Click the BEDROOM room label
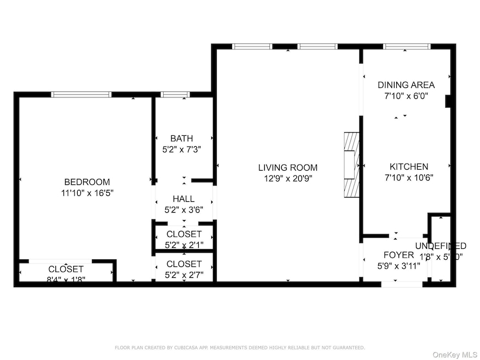(x=87, y=182)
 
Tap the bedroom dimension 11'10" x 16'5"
(x=87, y=193)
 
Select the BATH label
(x=181, y=138)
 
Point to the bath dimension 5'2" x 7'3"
(x=181, y=149)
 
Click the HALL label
(x=183, y=199)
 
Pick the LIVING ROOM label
(x=288, y=167)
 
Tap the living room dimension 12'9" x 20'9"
(x=288, y=178)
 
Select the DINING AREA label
(x=406, y=85)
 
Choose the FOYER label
(x=398, y=255)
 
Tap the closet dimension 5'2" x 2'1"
(x=184, y=244)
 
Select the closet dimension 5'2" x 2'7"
(x=184, y=274)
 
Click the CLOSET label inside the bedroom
(x=66, y=269)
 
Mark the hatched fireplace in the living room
(x=351, y=166)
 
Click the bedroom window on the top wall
(x=81, y=95)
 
